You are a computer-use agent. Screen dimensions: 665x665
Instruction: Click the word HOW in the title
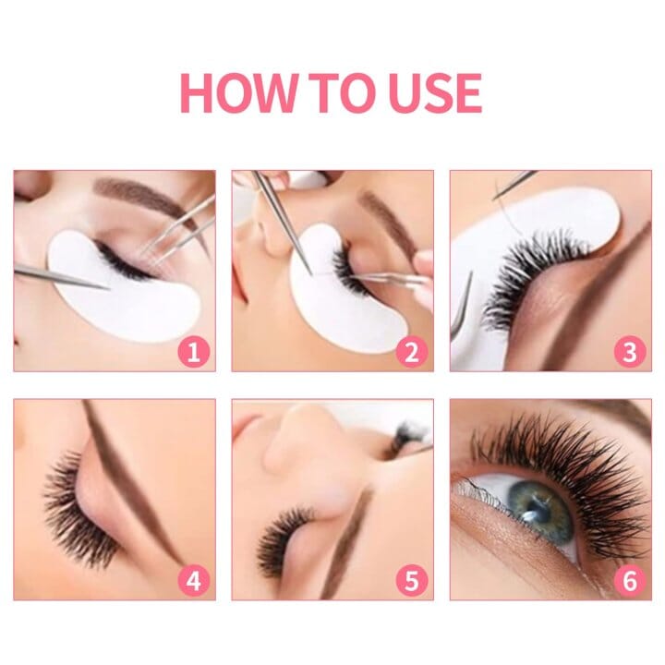point(237,92)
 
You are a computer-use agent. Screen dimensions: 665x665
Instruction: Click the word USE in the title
point(437,92)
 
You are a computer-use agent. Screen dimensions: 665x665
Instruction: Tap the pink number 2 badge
point(413,352)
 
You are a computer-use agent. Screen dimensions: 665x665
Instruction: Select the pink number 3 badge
point(631,352)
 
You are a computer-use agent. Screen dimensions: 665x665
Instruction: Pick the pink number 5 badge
point(413,580)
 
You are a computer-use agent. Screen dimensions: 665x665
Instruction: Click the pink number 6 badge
point(631,580)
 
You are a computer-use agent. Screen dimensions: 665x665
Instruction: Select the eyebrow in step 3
point(591,296)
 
